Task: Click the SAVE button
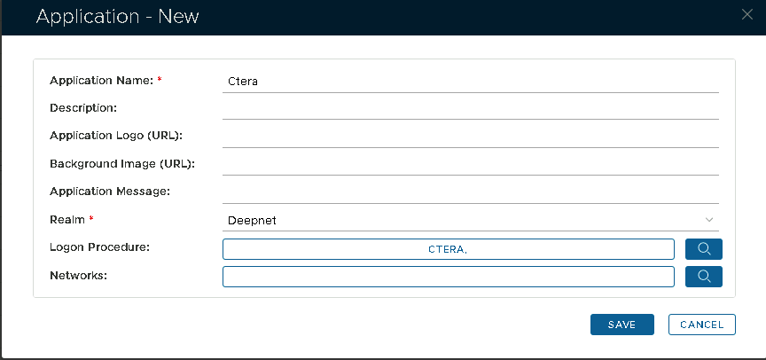pyautogui.click(x=621, y=325)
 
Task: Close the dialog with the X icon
pyautogui.click(x=747, y=15)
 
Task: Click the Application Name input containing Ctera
pyautogui.click(x=471, y=82)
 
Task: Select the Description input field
pyautogui.click(x=471, y=108)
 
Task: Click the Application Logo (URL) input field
pyautogui.click(x=471, y=137)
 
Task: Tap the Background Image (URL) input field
pyautogui.click(x=471, y=164)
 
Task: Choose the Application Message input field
pyautogui.click(x=471, y=192)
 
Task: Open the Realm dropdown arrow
pyautogui.click(x=709, y=220)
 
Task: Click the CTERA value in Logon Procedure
pyautogui.click(x=448, y=249)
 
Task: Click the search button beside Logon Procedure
pyautogui.click(x=704, y=249)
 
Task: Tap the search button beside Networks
pyautogui.click(x=704, y=277)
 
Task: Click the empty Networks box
pyautogui.click(x=449, y=277)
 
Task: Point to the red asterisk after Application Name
pyautogui.click(x=160, y=79)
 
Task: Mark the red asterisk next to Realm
pyautogui.click(x=90, y=219)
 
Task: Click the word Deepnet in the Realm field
pyautogui.click(x=252, y=221)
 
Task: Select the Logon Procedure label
pyautogui.click(x=99, y=247)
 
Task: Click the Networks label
pyautogui.click(x=78, y=276)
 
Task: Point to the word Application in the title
pyautogui.click(x=87, y=18)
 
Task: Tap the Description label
pyautogui.click(x=83, y=108)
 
